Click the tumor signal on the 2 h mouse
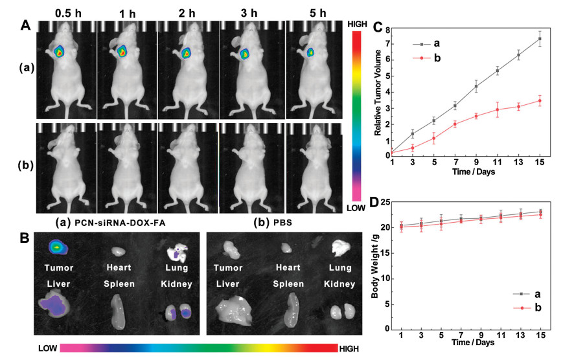click(187, 52)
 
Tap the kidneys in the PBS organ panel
click(339, 311)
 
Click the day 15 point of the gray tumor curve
click(539, 39)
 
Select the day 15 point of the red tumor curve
click(539, 100)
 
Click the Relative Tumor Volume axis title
click(378, 92)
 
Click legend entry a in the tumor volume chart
click(437, 44)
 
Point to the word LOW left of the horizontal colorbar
click(47, 348)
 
